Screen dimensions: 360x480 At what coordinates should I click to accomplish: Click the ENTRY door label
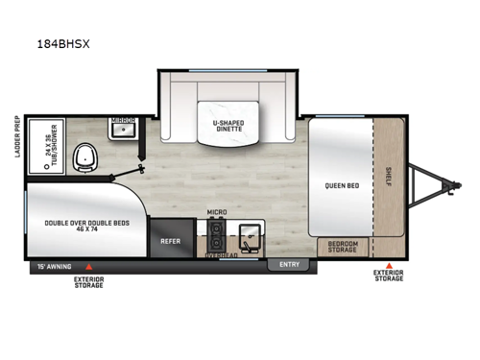[x=288, y=263]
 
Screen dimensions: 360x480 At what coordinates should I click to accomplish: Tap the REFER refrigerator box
[x=171, y=242]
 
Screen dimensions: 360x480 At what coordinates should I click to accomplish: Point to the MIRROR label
[x=121, y=122]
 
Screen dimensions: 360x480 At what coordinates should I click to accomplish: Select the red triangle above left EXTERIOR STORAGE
[x=88, y=265]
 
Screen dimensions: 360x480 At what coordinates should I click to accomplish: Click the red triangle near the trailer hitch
[x=389, y=265]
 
